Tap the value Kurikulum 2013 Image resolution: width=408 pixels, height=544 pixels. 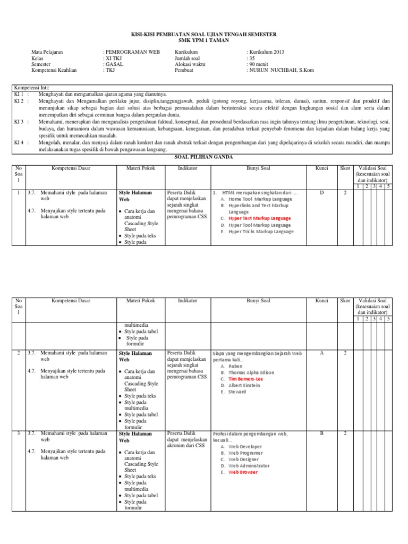[266, 52]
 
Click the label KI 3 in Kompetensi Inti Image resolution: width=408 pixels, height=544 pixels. [20, 122]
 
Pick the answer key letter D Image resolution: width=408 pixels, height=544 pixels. [321, 193]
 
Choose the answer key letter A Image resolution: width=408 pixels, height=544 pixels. [321, 353]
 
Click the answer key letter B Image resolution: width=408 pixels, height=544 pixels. [321, 433]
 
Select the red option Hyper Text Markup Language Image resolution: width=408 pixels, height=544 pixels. [259, 218]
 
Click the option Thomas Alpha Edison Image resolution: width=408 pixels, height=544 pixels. [252, 372]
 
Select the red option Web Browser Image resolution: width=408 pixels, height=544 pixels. [243, 472]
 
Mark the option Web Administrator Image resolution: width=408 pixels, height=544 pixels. [249, 465]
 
